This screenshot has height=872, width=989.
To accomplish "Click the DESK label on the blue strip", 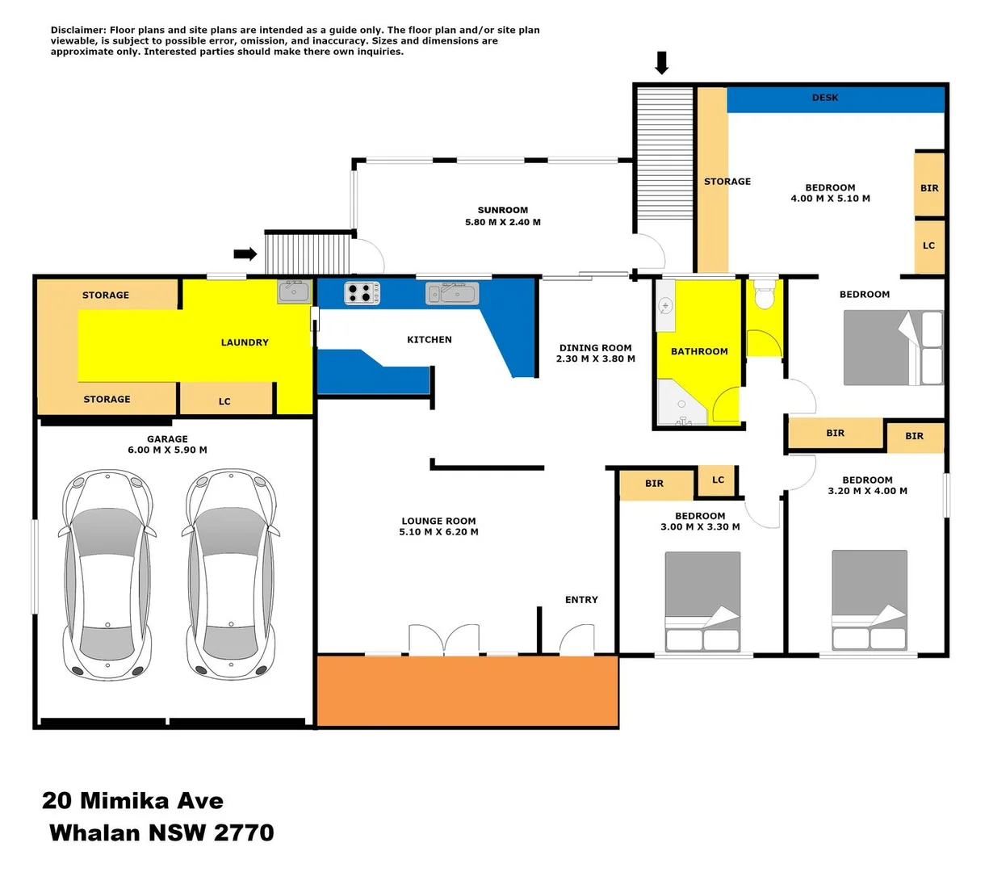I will (x=824, y=98).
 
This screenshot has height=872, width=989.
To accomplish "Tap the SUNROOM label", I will (x=502, y=211).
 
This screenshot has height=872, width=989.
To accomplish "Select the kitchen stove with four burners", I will (x=362, y=292).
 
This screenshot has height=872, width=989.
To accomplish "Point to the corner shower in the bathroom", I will (x=681, y=403).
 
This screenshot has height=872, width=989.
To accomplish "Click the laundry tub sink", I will (x=294, y=291).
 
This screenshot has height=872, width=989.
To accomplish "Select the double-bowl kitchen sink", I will (x=452, y=292).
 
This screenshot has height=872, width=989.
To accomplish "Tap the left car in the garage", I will (x=107, y=574).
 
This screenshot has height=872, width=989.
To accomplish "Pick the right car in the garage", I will (x=231, y=574).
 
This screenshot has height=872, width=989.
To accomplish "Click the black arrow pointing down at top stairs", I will (x=662, y=62).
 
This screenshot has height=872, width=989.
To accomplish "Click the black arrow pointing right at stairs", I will (x=245, y=254).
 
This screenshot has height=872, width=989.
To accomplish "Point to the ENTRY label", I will (x=581, y=600).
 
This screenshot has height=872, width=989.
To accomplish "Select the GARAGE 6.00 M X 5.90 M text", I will (x=167, y=445).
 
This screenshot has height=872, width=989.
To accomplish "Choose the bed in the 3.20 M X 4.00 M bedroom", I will (x=869, y=599).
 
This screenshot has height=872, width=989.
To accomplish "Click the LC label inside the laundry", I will (x=224, y=401).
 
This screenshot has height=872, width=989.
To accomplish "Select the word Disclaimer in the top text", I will (x=79, y=30).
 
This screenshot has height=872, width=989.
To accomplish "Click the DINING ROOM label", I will (x=595, y=354).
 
